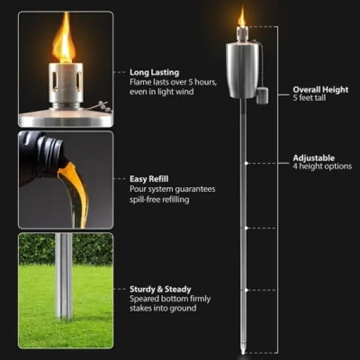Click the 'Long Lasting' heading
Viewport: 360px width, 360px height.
click(x=154, y=73)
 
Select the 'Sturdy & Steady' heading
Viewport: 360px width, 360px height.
click(x=160, y=288)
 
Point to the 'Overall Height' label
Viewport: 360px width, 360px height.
click(x=321, y=90)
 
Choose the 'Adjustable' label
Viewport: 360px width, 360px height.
click(x=314, y=158)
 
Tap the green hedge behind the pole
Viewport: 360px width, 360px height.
click(x=92, y=249)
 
